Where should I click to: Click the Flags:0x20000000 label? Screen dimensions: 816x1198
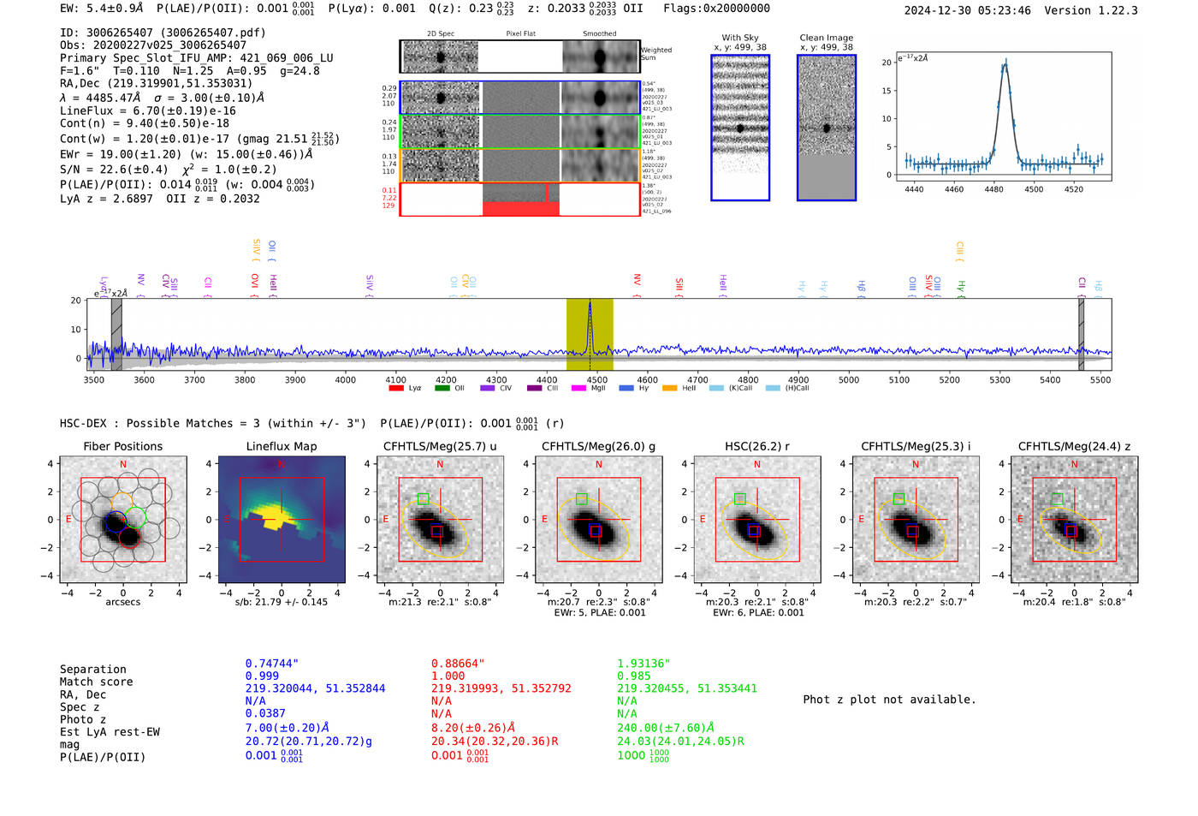716,9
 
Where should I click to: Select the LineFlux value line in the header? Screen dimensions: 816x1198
148,110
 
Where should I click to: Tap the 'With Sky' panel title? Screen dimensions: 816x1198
740,38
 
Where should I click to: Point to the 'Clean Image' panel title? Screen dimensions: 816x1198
827,38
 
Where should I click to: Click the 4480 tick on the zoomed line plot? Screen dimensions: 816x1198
993,189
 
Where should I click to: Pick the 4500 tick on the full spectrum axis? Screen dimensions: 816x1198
597,379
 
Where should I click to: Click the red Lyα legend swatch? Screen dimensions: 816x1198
396,388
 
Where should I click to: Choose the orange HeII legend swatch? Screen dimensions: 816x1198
669,388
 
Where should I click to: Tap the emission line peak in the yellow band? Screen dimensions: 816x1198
590,304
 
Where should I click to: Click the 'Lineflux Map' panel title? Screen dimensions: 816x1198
282,446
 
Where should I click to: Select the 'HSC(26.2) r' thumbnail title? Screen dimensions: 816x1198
756,446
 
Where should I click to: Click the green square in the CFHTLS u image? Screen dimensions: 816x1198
423,498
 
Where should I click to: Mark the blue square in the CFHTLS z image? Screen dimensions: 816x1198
1070,532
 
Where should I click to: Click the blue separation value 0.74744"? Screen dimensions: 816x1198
272,664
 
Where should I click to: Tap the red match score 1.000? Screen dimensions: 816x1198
448,676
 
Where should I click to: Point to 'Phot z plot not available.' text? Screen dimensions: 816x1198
889,700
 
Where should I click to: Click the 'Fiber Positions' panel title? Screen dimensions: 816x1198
123,446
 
